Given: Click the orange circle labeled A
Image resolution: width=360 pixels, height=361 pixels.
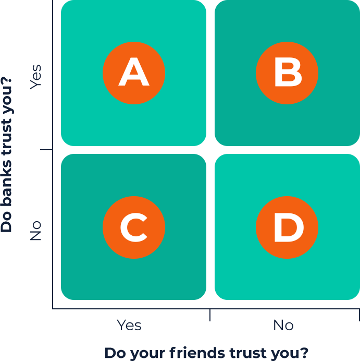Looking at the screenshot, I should coord(134,73).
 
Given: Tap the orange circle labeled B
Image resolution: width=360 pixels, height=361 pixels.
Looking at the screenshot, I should coord(287,73).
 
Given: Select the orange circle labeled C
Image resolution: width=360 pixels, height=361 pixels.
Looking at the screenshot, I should coord(134,227).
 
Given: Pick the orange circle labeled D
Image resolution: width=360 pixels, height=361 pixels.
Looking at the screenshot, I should coord(287,227).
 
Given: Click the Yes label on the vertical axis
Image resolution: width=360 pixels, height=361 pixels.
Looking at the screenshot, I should coord(35,77).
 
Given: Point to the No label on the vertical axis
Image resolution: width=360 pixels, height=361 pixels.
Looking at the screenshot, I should coord(35,231).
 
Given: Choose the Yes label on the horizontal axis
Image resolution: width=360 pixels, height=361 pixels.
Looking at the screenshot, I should coord(129,326).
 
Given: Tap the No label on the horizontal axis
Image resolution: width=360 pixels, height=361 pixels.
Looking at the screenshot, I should coord(283,326).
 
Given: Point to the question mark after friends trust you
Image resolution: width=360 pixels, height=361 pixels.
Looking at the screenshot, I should coord(304,353).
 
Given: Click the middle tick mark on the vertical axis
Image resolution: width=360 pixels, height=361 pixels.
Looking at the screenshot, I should coord(46,150).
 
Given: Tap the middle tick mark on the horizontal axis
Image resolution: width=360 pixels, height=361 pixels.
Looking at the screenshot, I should coord(209,315).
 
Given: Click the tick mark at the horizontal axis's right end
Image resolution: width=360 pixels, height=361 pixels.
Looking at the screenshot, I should coord(358,315).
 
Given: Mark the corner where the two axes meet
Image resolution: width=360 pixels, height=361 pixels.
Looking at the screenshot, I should coord(53,308).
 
